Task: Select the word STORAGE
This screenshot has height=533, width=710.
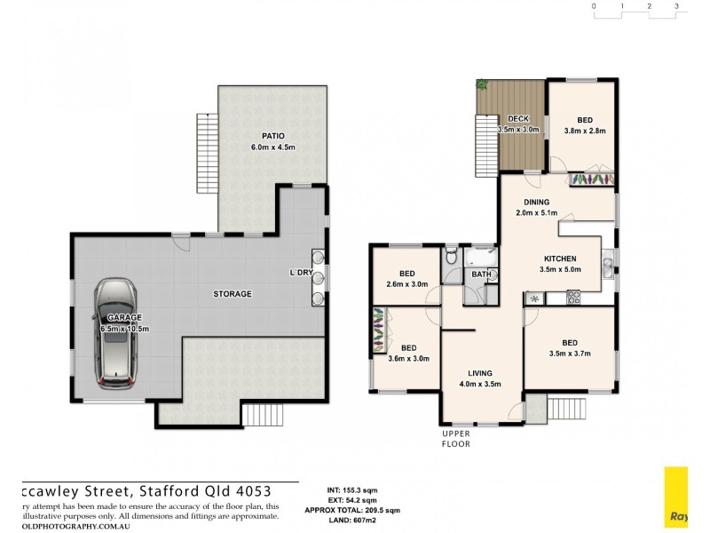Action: coord(233,293)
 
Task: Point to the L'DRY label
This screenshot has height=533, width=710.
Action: coord(301,272)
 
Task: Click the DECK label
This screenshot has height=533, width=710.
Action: coord(517,119)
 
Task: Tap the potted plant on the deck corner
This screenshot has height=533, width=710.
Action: coord(482,84)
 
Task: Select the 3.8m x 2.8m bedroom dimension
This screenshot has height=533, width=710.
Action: coord(585,131)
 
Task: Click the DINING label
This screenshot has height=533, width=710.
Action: coord(536,202)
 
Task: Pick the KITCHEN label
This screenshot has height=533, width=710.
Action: coord(561,259)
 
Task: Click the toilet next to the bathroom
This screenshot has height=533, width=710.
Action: coord(451,258)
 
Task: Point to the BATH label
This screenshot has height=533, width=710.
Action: coord(481,274)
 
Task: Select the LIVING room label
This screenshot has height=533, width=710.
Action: coord(480,373)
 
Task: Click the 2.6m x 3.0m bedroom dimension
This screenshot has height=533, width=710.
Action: coord(407,284)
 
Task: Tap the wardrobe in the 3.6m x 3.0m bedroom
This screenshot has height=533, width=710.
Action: coord(379,329)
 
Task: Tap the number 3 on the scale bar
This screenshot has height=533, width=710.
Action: coord(676,6)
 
